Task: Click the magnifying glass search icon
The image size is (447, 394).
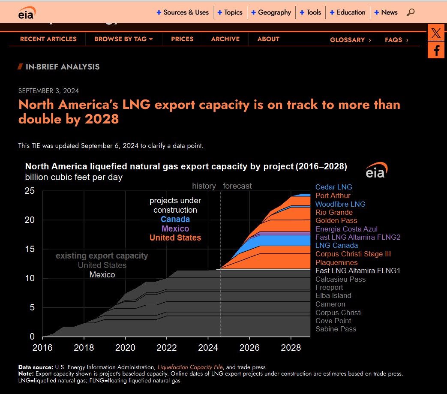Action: (x=410, y=12)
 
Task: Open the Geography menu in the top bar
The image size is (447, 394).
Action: (x=274, y=12)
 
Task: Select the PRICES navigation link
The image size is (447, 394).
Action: (x=182, y=39)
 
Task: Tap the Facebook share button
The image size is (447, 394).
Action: (x=436, y=50)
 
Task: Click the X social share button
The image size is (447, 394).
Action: (x=436, y=33)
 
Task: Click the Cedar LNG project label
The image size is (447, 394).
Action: (x=333, y=187)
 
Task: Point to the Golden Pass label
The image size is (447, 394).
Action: (x=336, y=221)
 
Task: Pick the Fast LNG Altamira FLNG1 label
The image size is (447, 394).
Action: (x=357, y=271)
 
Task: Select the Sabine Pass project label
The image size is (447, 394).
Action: (x=336, y=329)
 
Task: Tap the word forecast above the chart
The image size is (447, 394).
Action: (x=237, y=186)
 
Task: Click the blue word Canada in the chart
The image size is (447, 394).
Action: (x=175, y=220)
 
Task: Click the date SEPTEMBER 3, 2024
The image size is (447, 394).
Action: (x=48, y=91)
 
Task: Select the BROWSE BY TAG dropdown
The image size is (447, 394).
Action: (x=123, y=39)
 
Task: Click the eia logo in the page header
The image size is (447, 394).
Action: (x=27, y=13)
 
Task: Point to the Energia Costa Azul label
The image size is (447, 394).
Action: (x=346, y=229)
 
